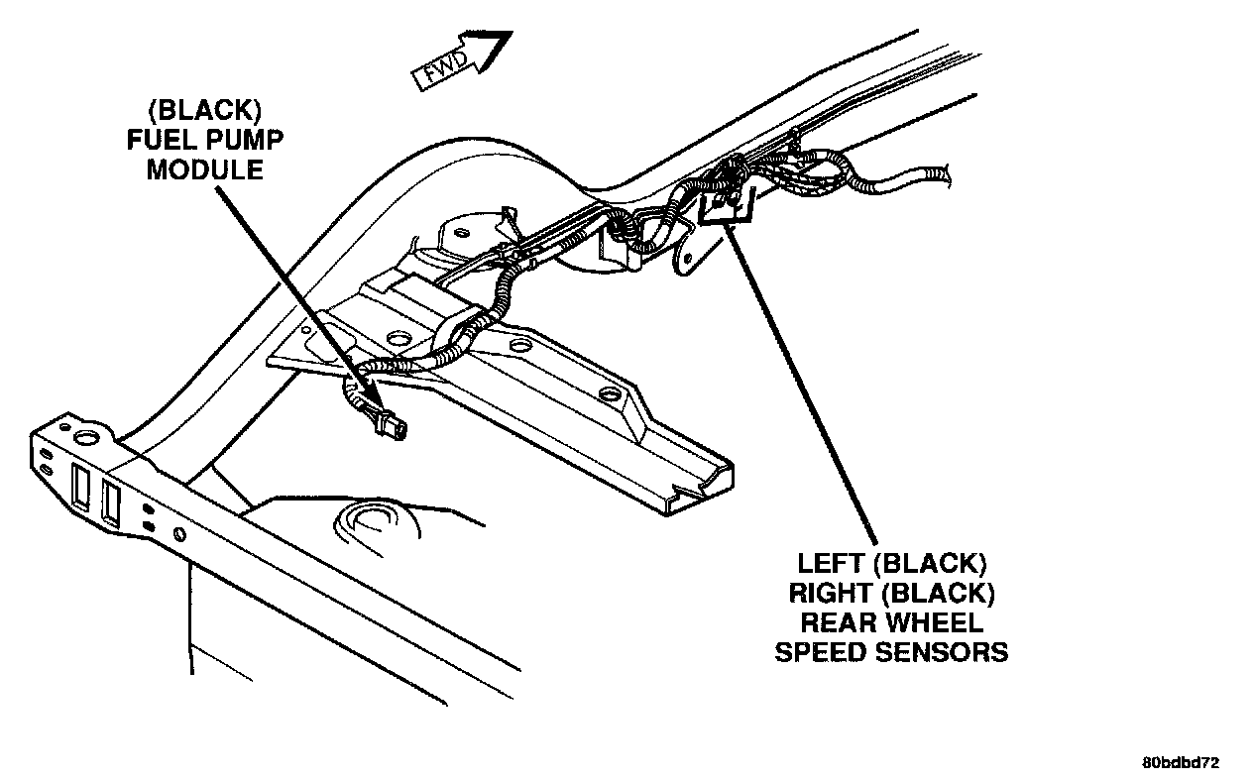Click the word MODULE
[205, 169]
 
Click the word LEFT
[831, 564]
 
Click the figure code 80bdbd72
[1180, 763]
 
